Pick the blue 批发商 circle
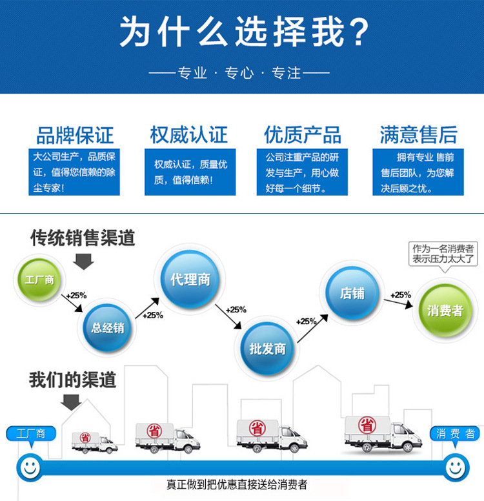tap(267, 349)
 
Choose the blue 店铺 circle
tap(352, 294)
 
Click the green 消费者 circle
tap(445, 311)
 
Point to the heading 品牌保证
tap(75, 135)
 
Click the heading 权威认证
tap(188, 135)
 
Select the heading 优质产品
tap(302, 135)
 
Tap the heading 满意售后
tap(418, 135)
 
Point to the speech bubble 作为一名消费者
tap(444, 254)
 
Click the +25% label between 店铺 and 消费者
tap(400, 295)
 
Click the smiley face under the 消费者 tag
tap(455, 465)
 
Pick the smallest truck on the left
tap(94, 442)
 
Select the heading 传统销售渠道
tap(83, 238)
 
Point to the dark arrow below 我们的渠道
tap(71, 402)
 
